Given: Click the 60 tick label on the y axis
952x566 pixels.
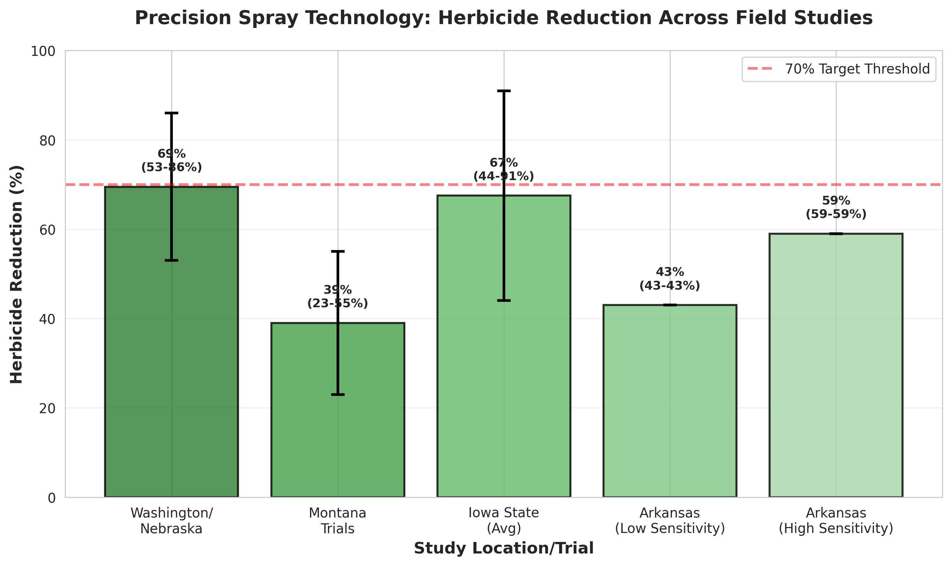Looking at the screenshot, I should click(47, 230).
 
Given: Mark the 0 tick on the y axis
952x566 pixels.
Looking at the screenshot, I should click(51, 498).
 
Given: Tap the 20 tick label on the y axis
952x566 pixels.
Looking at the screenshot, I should click(47, 408).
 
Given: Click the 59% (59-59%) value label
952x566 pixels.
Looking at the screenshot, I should click(836, 207).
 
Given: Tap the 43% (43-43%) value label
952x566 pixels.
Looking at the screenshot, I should click(670, 279).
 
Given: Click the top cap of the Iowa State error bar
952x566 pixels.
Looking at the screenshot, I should click(504, 91).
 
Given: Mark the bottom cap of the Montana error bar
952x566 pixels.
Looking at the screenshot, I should click(338, 394).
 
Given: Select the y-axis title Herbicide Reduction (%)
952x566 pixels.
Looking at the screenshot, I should click(16, 274).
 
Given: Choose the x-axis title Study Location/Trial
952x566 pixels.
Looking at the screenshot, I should click(504, 548).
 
